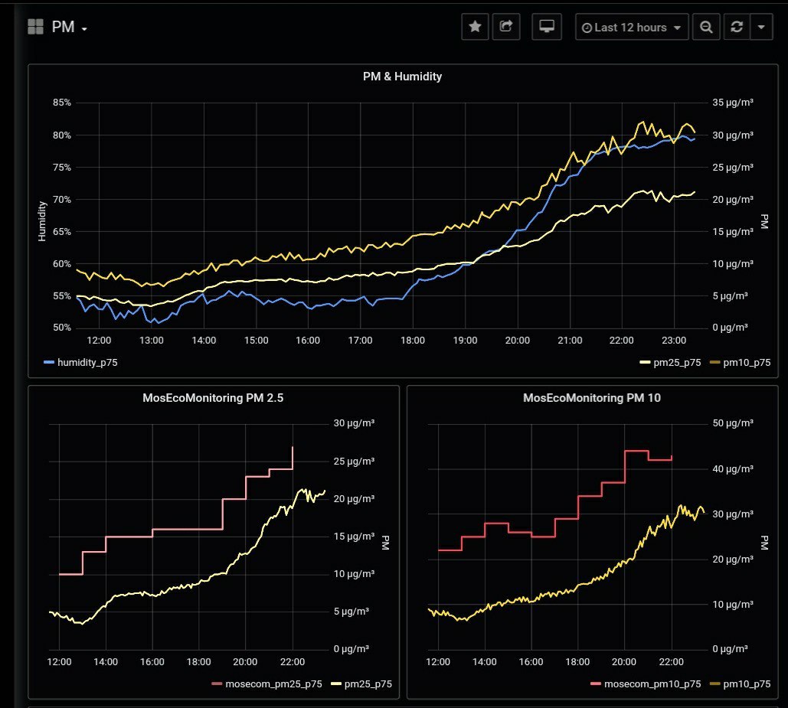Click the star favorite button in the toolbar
click(x=475, y=27)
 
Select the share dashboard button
click(x=505, y=27)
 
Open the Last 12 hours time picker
click(x=632, y=27)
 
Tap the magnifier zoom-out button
click(x=706, y=27)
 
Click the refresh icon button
click(x=737, y=27)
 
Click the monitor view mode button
click(x=547, y=27)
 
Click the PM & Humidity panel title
click(x=402, y=77)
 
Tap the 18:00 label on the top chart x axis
click(x=413, y=340)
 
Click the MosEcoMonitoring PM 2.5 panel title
click(x=213, y=398)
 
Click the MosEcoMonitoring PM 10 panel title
click(x=592, y=398)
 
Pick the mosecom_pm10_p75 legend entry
click(x=650, y=684)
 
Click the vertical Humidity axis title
click(x=43, y=220)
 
